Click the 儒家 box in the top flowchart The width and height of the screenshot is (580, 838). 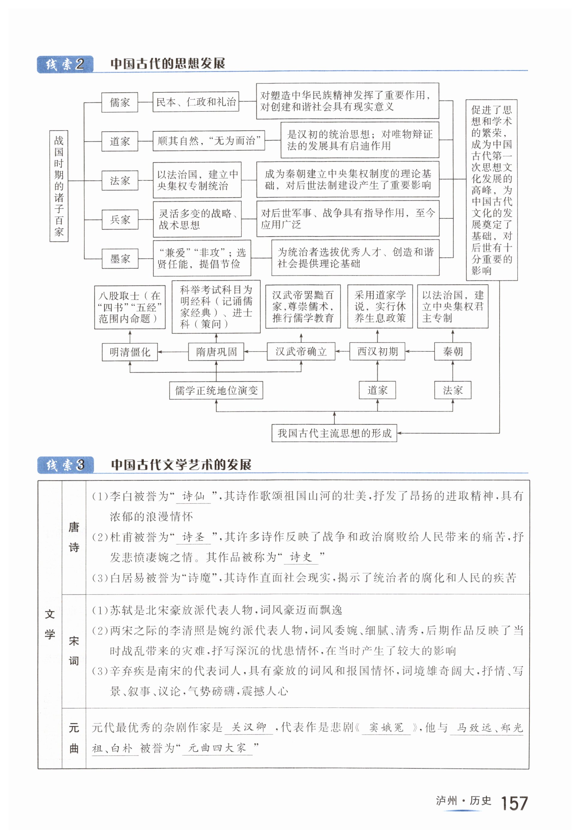pos(120,102)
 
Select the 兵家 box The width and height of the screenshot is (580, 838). pos(120,219)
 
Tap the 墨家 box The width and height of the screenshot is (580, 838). pos(120,259)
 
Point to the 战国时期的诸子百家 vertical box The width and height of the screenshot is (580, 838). pos(59,186)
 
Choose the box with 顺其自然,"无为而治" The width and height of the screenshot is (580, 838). pos(209,141)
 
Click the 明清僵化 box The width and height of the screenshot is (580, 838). pos(130,351)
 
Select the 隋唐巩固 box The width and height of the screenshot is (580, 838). pos(216,351)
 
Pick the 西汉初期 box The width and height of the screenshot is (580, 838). pos(377,351)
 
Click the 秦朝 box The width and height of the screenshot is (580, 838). pos(453,351)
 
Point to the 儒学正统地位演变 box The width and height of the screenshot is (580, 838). pos(216,390)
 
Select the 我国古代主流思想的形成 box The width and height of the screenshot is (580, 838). pos(334,433)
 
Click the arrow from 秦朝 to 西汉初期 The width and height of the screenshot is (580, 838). pos(420,351)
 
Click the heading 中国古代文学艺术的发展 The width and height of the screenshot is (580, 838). pos(181,465)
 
